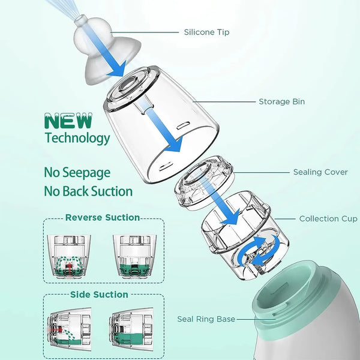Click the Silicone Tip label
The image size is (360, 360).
[x=207, y=32]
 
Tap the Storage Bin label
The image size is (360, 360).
[x=281, y=101]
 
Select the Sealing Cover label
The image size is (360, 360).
[x=320, y=172]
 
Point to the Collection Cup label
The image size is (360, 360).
[x=328, y=218]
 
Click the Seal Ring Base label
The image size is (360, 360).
[x=206, y=319]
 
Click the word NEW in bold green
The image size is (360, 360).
[x=69, y=121]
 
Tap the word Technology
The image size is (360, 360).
[x=77, y=138]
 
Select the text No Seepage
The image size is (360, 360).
[x=77, y=172]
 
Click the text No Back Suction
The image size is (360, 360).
[x=88, y=191]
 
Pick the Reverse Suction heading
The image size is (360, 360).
[x=103, y=217]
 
